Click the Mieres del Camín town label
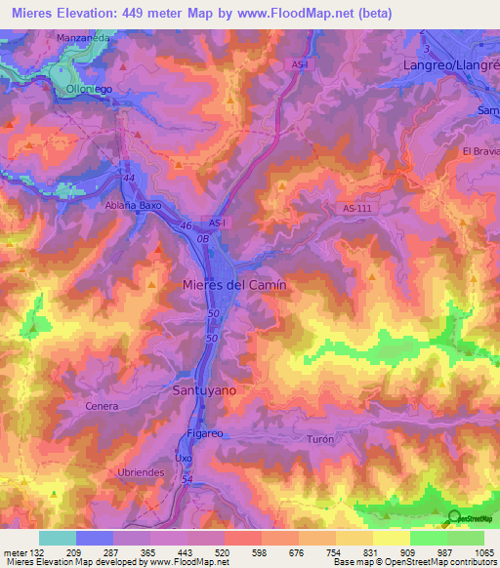[234, 284]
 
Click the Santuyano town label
[204, 388]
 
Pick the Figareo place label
[207, 432]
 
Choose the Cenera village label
[102, 406]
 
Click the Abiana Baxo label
[132, 206]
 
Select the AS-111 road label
[358, 209]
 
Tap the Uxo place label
[183, 457]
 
